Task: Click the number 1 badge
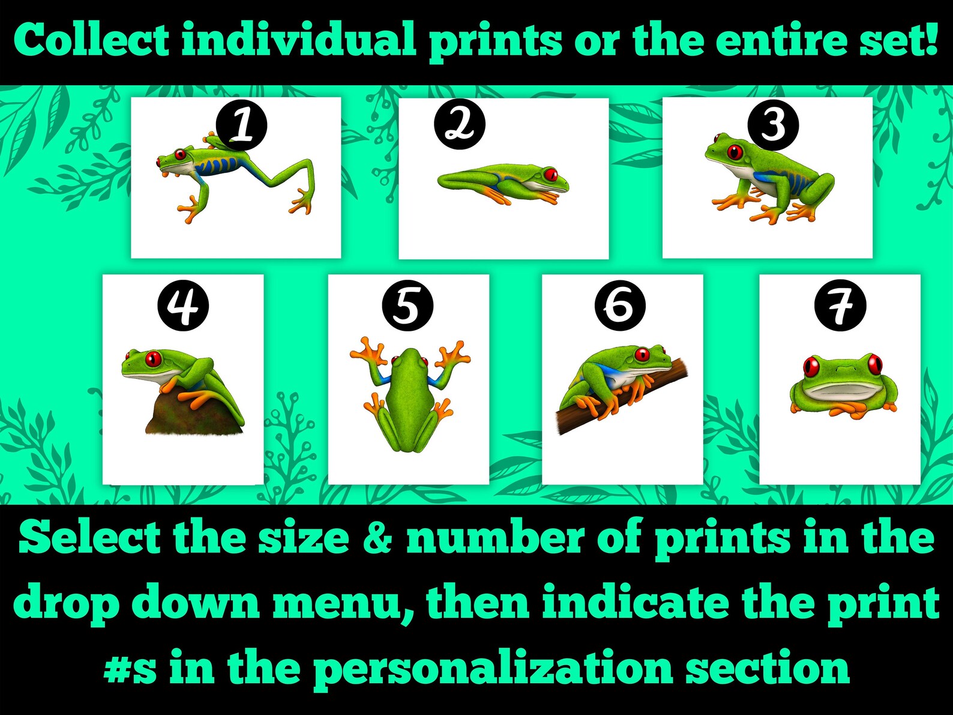242,126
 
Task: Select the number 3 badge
773,125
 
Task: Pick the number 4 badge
183,306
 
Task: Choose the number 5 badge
407,306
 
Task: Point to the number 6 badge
620,305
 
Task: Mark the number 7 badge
840,306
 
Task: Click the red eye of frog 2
551,175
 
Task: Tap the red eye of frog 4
153,359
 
